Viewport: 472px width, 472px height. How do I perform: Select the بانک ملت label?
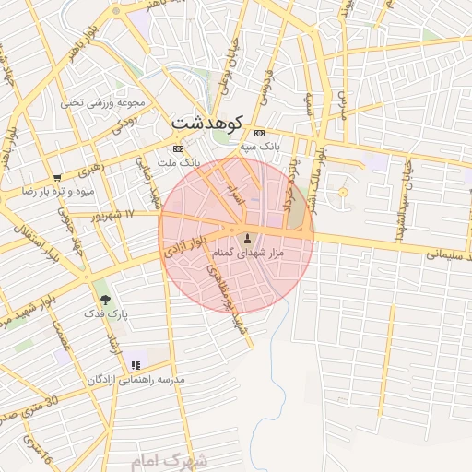tap(179, 161)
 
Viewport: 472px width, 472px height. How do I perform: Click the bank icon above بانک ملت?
tap(178, 148)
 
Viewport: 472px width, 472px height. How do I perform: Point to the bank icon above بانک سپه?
tap(259, 133)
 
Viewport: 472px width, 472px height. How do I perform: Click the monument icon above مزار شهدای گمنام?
tap(246, 240)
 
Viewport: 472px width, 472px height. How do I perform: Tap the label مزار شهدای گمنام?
tap(253, 253)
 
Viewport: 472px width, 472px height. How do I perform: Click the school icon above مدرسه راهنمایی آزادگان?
tap(136, 366)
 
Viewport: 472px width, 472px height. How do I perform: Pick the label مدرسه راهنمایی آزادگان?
tap(136, 380)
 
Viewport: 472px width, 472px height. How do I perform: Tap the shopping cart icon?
tap(58, 177)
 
